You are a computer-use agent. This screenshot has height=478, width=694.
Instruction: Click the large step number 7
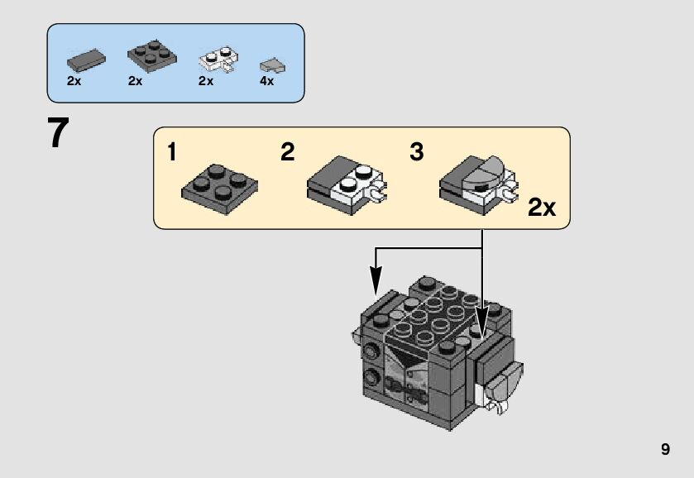click(x=57, y=133)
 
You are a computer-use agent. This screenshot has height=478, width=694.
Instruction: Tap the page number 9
click(x=665, y=450)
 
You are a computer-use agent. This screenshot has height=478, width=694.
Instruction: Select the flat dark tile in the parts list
click(x=85, y=59)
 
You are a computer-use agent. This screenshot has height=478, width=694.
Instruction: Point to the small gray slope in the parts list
click(x=269, y=65)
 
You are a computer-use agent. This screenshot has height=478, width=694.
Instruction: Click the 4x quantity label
click(x=266, y=81)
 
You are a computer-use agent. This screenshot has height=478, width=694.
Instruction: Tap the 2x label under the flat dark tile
click(x=74, y=81)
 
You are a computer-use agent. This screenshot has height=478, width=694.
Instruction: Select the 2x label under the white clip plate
click(x=206, y=81)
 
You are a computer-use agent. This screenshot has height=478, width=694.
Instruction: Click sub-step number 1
click(x=172, y=152)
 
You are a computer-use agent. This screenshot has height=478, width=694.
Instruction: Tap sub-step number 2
click(x=287, y=152)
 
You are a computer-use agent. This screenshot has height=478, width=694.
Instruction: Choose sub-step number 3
click(x=417, y=152)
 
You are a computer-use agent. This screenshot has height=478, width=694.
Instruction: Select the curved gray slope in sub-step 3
click(x=486, y=170)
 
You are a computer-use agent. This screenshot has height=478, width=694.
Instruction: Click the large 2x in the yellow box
click(x=542, y=207)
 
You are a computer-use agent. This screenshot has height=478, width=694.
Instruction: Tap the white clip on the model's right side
click(x=498, y=404)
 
